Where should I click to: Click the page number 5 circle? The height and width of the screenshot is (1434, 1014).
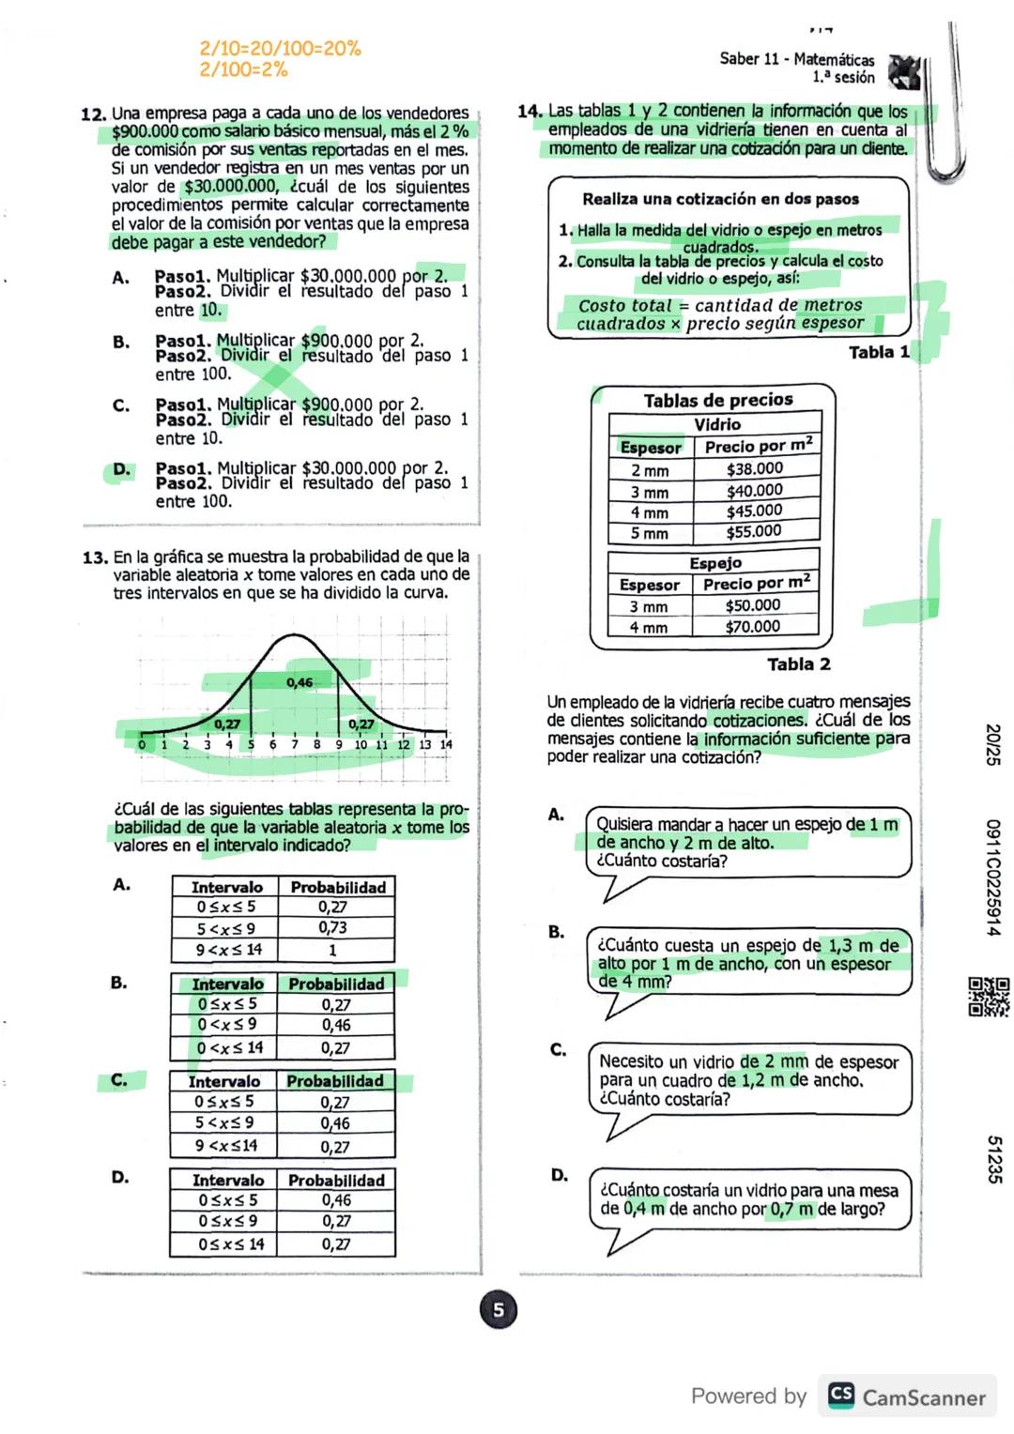[x=499, y=1310]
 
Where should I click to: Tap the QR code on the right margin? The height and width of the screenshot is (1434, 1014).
[x=989, y=997]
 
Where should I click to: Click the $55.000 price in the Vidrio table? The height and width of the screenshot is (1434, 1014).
[x=754, y=532]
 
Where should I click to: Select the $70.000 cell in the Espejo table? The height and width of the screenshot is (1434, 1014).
[x=752, y=626]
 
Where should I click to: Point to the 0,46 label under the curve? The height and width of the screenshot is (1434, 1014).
[x=300, y=682]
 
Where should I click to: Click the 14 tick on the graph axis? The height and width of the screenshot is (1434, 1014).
[x=446, y=745]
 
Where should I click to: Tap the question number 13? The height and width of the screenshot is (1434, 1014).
[x=95, y=557]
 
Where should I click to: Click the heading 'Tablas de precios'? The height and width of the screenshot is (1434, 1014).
[x=718, y=401]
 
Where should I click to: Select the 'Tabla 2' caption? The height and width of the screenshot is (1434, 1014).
[x=798, y=664]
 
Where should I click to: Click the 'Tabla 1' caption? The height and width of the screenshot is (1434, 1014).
[x=879, y=353]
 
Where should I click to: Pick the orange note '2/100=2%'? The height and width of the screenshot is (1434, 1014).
[x=243, y=69]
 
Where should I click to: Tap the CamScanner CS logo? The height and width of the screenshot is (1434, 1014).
[x=841, y=1396]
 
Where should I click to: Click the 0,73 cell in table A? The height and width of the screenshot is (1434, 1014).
[x=333, y=928]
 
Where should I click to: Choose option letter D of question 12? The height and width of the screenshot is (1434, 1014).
[x=121, y=469]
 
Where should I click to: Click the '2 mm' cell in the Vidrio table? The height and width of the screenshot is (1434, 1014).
[x=650, y=470]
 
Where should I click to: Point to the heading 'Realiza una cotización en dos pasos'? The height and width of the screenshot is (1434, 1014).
[x=720, y=199]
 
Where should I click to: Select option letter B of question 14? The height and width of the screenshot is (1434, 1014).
[x=557, y=932]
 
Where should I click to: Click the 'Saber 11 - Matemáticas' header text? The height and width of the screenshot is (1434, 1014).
[x=796, y=59]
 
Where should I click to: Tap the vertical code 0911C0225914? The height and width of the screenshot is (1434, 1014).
[x=992, y=877]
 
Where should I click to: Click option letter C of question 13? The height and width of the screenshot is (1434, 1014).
[x=119, y=1080]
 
